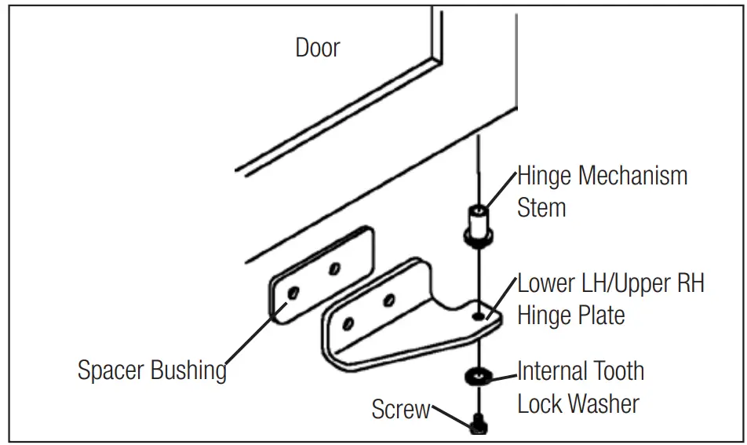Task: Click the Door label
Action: [318, 48]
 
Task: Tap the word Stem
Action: [541, 208]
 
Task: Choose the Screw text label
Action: [401, 409]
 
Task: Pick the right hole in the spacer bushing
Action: [334, 269]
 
